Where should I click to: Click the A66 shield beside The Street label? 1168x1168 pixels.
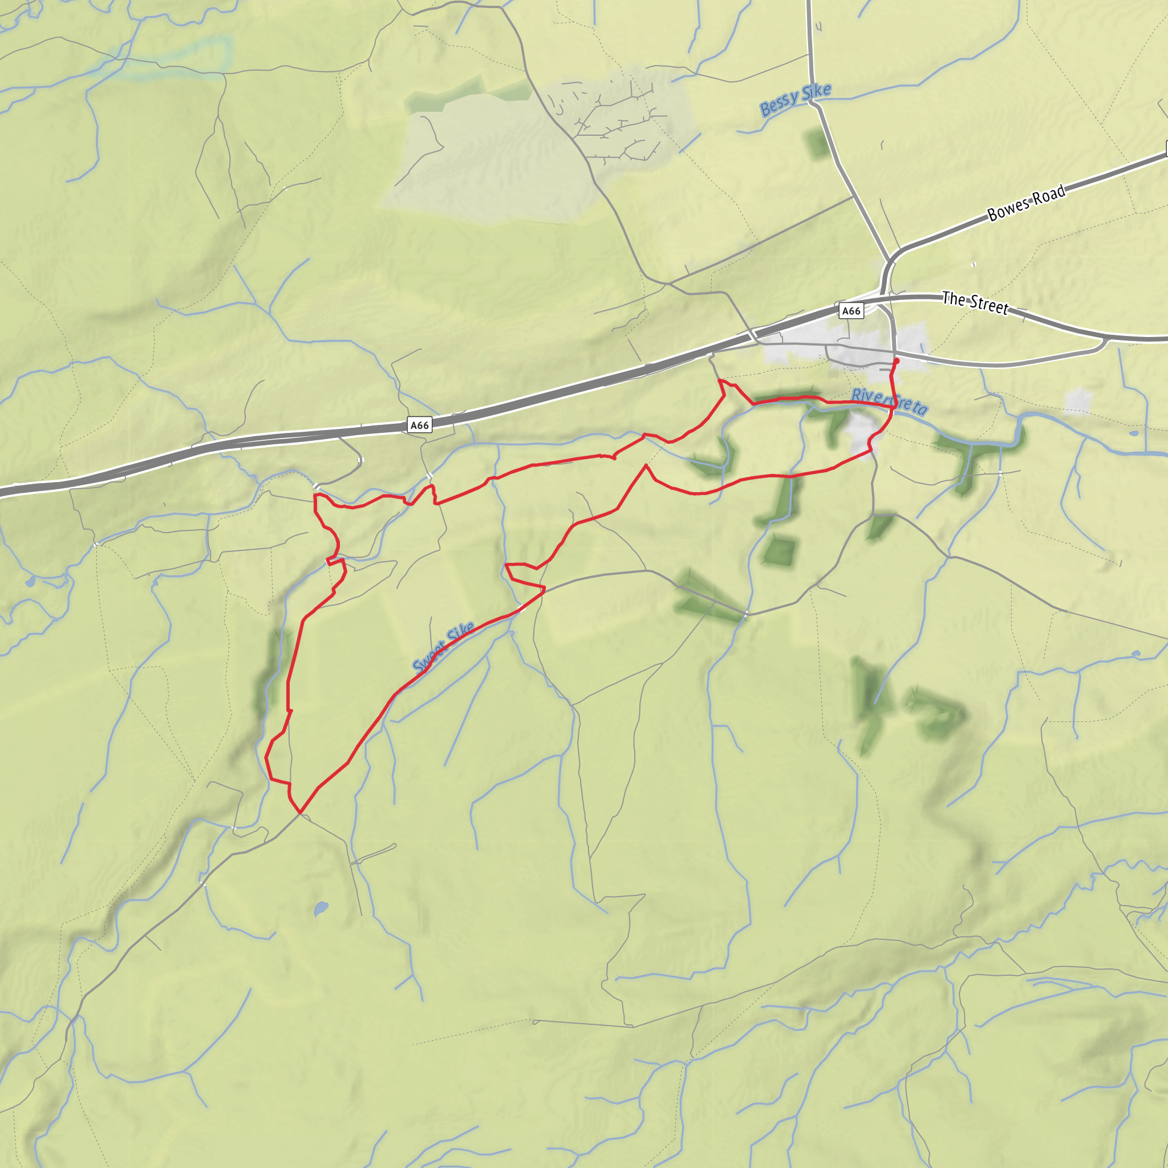[x=850, y=311]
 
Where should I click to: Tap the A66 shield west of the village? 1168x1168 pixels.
[x=420, y=425]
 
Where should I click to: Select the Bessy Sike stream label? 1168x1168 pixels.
[x=795, y=100]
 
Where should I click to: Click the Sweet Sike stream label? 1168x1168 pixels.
[x=443, y=647]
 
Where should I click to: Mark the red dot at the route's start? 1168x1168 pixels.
[x=896, y=361]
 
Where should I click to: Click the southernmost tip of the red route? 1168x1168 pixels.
[x=299, y=813]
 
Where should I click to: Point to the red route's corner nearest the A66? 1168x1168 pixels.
[x=721, y=380]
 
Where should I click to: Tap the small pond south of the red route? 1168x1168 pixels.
[x=321, y=908]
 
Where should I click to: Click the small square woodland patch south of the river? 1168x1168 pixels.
[x=778, y=551]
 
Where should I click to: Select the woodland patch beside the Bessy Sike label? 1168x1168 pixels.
[x=817, y=143]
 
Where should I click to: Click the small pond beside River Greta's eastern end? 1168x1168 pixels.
[x=1133, y=433]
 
